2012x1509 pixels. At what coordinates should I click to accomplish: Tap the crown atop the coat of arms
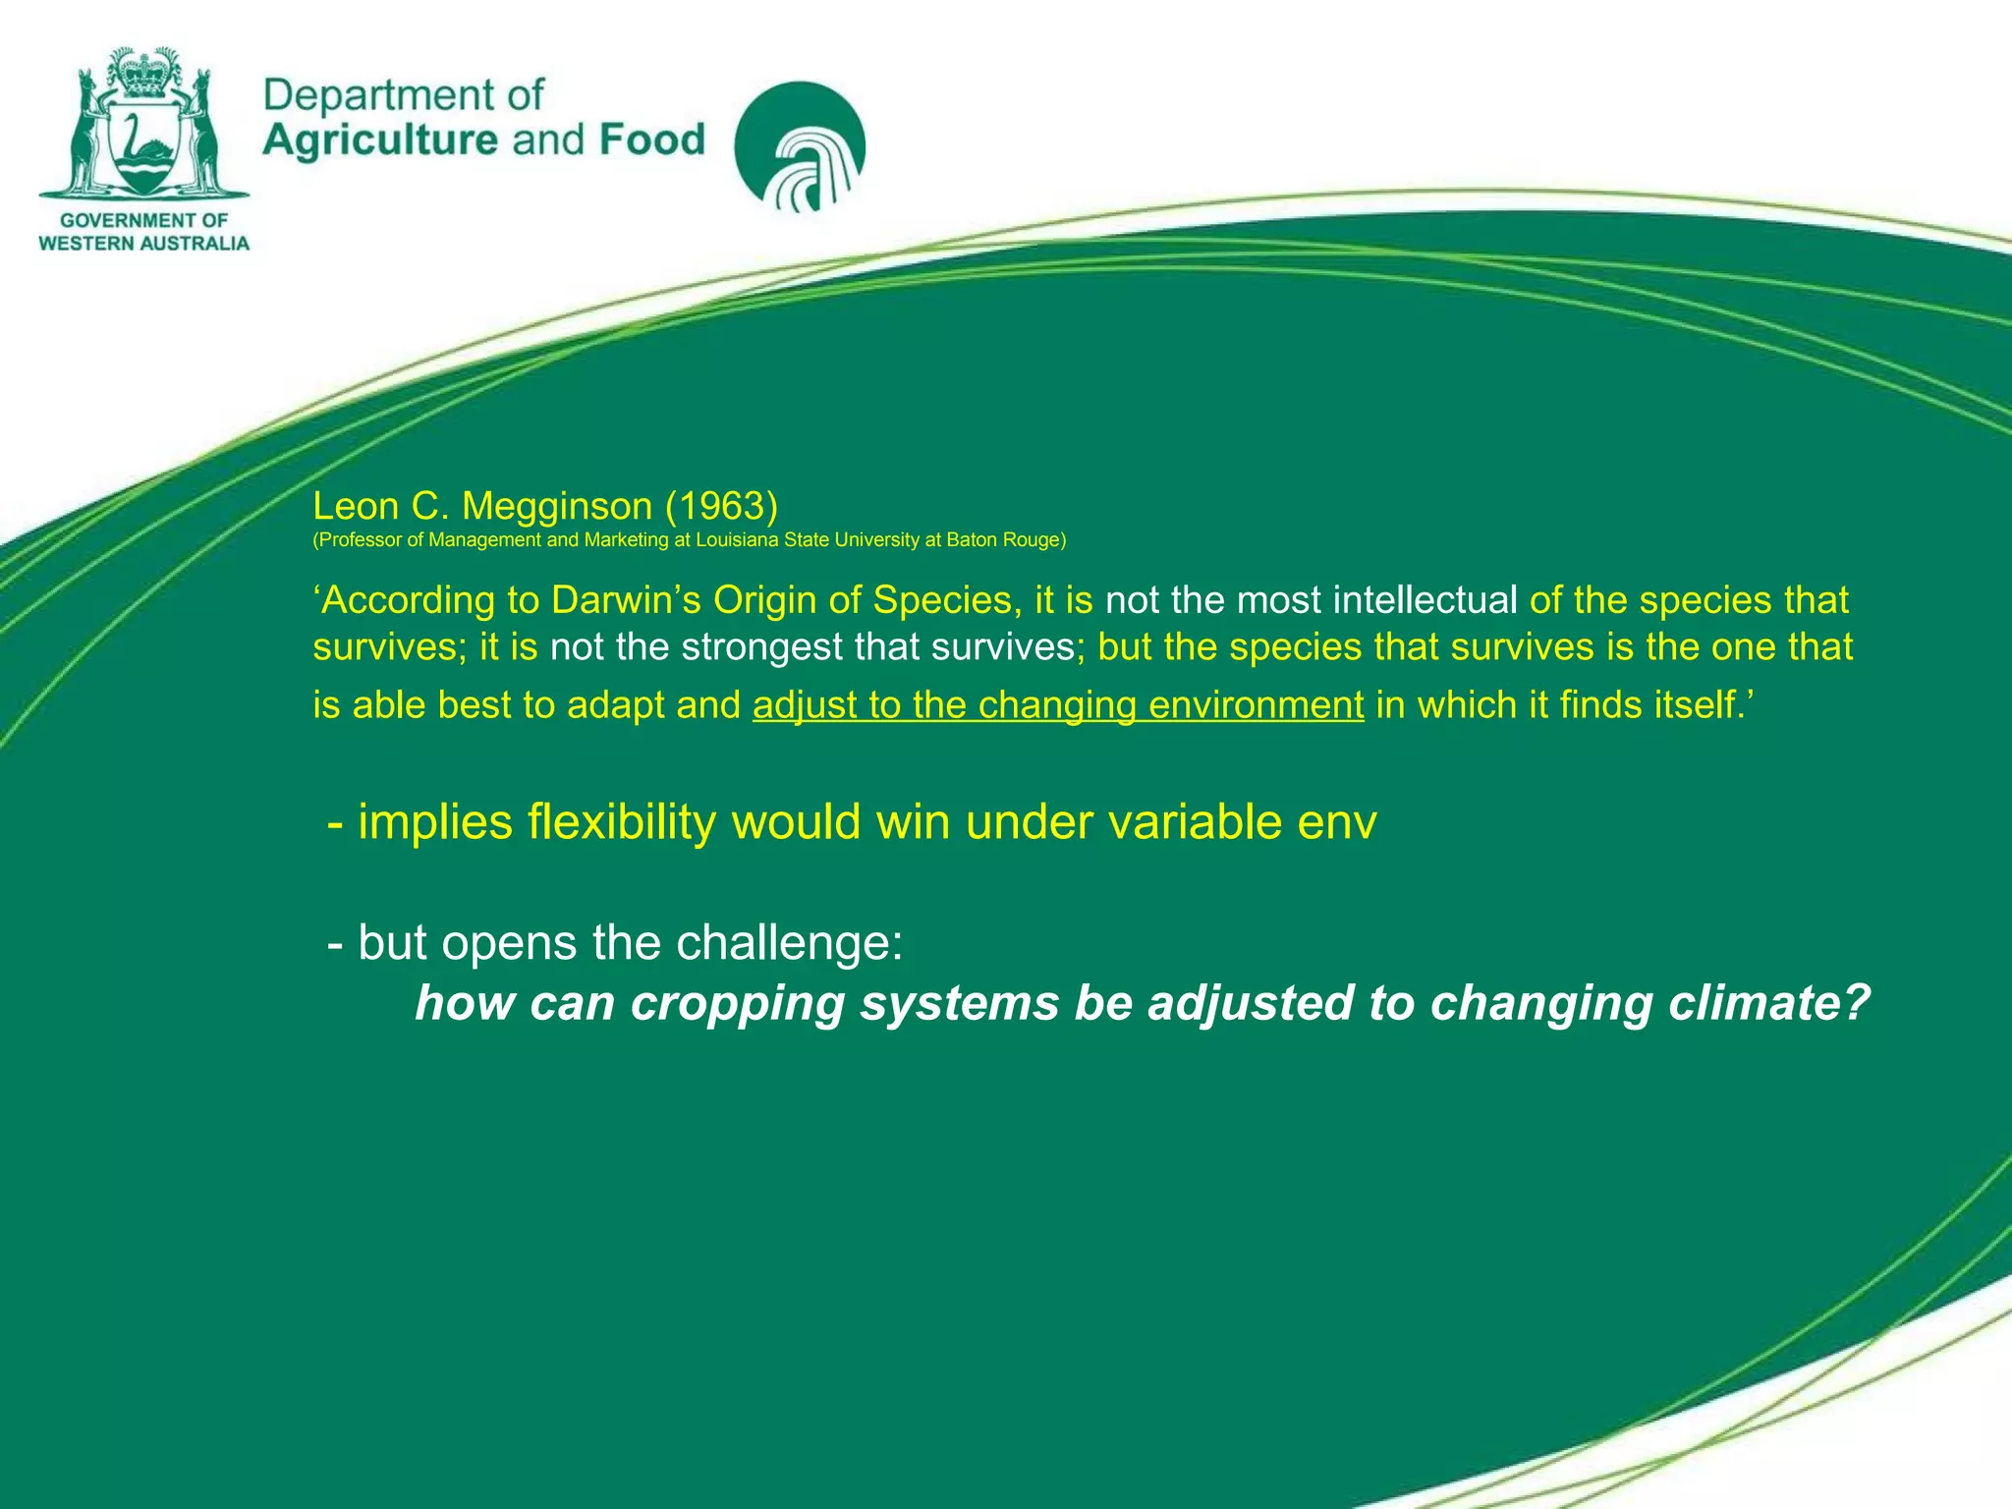tap(144, 72)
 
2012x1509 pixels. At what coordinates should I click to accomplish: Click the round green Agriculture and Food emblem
tap(800, 146)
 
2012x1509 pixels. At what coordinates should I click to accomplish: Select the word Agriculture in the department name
tap(380, 140)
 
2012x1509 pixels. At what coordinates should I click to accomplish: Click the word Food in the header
tap(652, 140)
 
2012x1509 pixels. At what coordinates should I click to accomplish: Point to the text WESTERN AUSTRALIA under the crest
tap(144, 243)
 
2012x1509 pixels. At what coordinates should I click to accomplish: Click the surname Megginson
tap(557, 506)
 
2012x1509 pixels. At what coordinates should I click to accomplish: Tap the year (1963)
tap(722, 506)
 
